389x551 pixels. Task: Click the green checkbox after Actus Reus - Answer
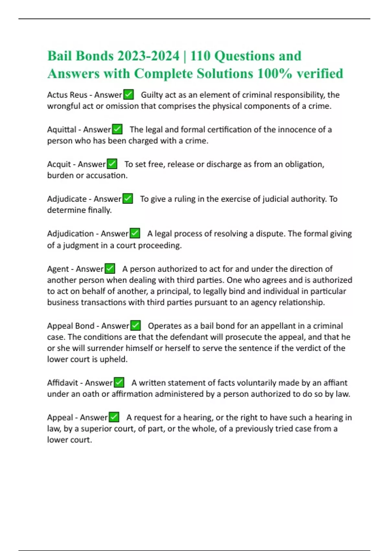point(129,95)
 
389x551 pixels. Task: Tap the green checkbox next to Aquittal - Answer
point(117,129)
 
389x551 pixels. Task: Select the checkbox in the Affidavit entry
point(119,382)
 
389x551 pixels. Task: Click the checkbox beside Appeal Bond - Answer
point(136,325)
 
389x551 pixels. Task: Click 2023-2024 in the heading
point(148,56)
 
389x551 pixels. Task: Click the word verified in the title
point(320,74)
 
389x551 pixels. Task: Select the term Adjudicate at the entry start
point(67,199)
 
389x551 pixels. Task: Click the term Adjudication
point(70,233)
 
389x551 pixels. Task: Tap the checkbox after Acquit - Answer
point(112,164)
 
